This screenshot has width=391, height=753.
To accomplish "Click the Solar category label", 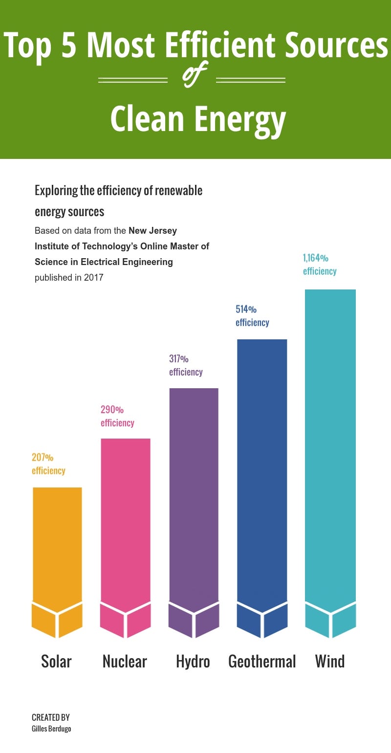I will [56, 662].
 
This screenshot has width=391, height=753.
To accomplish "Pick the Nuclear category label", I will [125, 662].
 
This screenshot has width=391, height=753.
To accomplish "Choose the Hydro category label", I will [193, 662].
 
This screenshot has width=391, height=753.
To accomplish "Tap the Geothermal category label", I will [262, 662].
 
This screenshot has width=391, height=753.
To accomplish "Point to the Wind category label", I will [330, 662].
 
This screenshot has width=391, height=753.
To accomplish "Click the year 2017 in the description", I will [93, 278].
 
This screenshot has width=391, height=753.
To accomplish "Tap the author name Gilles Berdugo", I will [52, 729].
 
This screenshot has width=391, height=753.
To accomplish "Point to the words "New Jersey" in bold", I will [152, 230].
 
